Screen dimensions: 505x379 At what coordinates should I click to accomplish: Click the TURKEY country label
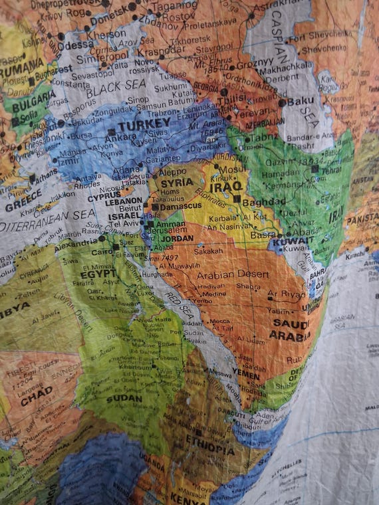coord(144,124)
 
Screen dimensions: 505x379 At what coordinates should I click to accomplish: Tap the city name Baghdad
coord(259,202)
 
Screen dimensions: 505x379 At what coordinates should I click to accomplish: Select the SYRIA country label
coord(177,182)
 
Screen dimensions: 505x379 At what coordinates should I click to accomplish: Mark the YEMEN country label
coord(245,375)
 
